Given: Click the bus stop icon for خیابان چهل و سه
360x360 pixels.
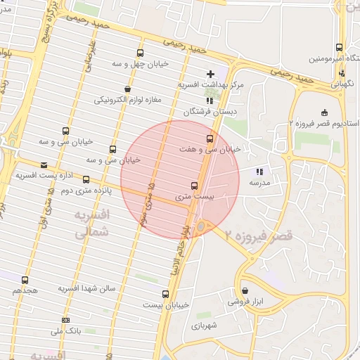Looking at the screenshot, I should click(x=141, y=53).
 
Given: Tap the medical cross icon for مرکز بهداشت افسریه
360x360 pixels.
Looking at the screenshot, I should click(x=210, y=74).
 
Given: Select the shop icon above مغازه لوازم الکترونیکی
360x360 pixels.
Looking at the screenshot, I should click(x=127, y=89).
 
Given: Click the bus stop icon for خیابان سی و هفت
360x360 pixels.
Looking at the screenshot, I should click(x=210, y=139).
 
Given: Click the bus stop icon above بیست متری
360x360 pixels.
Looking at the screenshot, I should click(x=194, y=186).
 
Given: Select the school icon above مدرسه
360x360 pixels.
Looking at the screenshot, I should click(x=259, y=171).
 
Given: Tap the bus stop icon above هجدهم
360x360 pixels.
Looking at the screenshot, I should click(x=25, y=280).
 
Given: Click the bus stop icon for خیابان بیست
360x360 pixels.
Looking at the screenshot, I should click(x=166, y=294).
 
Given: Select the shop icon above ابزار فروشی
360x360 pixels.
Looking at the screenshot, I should click(x=244, y=290).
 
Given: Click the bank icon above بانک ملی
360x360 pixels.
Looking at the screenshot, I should click(x=65, y=321).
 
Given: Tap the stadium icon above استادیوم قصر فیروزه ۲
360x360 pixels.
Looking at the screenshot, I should click(x=323, y=112).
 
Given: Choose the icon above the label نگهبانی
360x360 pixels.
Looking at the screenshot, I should click(x=342, y=73).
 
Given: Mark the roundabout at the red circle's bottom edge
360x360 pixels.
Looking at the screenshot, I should click(x=202, y=226).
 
